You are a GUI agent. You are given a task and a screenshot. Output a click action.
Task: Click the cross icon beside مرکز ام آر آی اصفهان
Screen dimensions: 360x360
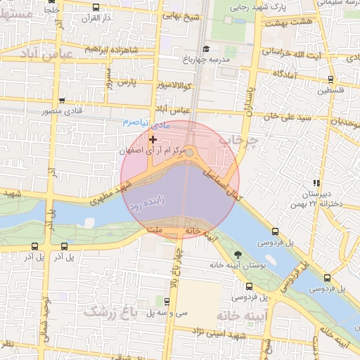tap(153, 140)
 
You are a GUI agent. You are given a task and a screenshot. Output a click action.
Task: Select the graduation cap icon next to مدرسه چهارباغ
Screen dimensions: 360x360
tap(206, 49)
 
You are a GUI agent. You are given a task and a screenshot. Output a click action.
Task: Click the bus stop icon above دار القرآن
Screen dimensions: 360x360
tap(96, 8)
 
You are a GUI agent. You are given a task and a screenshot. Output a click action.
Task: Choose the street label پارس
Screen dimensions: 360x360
tap(124, 83)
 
